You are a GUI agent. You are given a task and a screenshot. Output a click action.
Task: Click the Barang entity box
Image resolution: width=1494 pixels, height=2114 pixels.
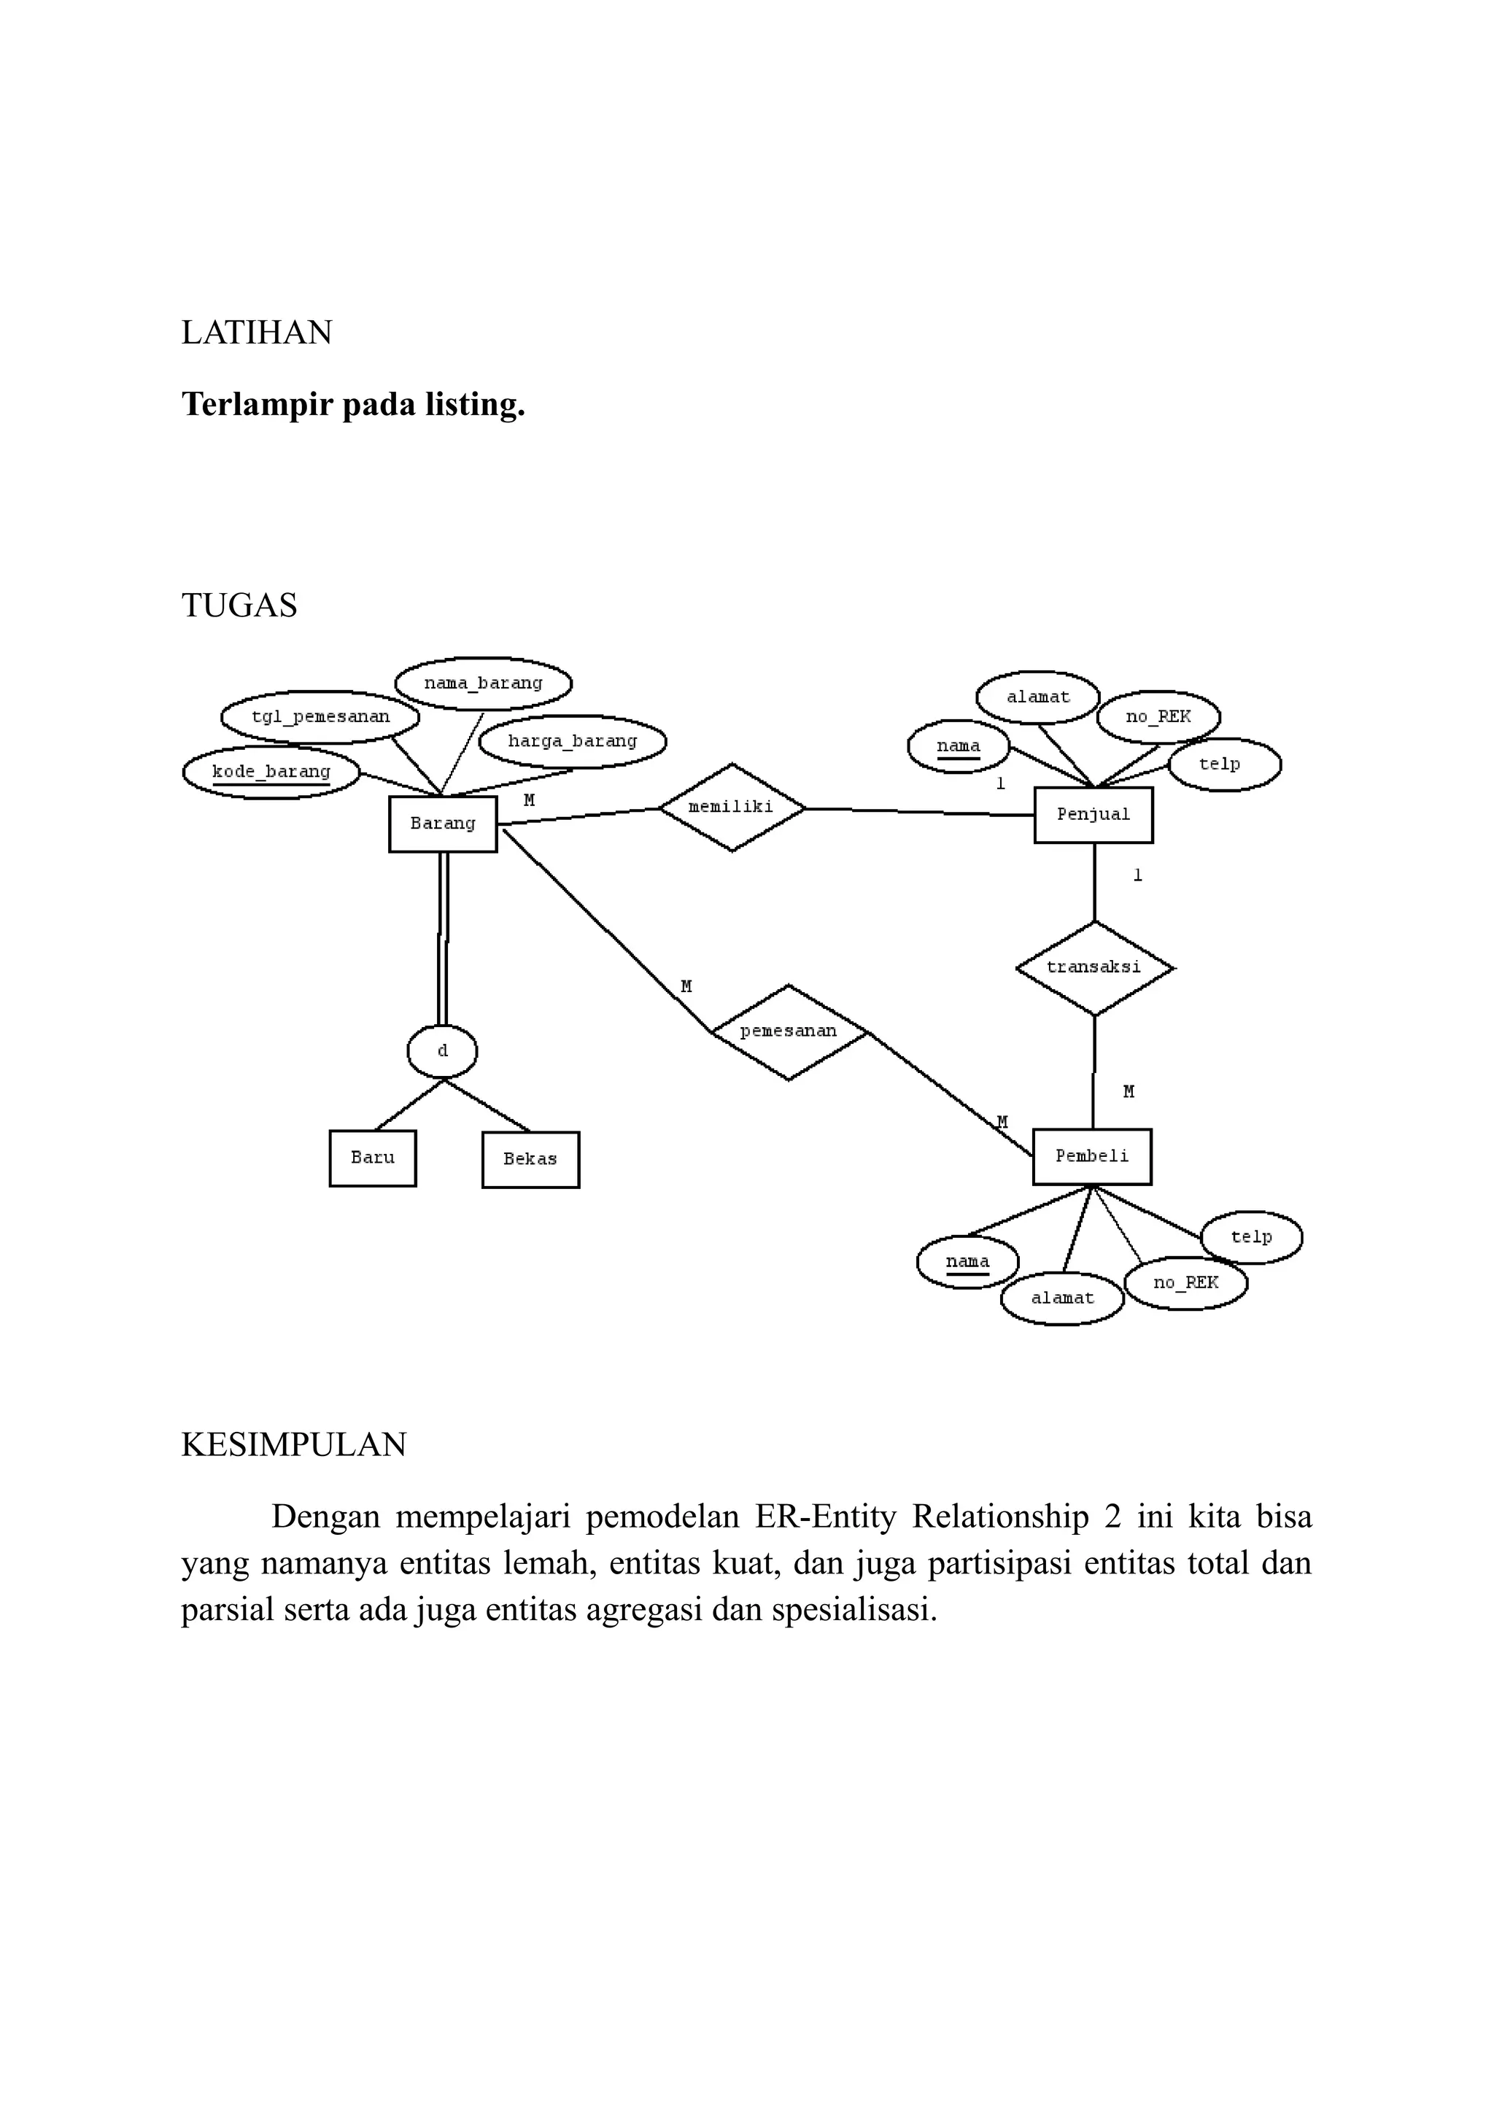coord(443,824)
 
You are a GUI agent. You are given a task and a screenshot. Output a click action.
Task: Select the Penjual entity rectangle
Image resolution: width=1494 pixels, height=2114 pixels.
coord(1093,815)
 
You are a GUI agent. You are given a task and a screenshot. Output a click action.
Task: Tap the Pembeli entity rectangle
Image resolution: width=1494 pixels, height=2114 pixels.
coord(1092,1156)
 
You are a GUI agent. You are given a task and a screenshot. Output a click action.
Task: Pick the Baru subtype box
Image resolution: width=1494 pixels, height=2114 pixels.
coord(373,1158)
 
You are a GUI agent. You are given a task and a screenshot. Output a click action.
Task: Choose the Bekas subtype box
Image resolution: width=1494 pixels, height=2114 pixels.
coord(530,1159)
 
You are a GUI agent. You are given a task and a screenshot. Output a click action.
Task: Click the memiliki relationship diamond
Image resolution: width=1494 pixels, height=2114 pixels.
coord(732,808)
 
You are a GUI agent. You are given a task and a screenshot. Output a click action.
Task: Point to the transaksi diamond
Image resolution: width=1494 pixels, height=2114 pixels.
coord(1094,968)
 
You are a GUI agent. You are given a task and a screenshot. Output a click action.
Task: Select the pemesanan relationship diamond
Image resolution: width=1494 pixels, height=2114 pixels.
coord(789,1032)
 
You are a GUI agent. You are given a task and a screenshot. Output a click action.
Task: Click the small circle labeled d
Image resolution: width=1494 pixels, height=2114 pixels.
coord(442,1051)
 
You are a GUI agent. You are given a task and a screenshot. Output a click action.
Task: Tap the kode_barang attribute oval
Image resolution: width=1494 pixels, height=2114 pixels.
coord(271,773)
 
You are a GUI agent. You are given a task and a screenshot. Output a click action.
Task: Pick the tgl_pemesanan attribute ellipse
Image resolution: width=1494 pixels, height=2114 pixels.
coord(320,716)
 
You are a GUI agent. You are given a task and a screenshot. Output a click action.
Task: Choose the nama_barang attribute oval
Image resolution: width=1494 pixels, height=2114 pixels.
coord(483,684)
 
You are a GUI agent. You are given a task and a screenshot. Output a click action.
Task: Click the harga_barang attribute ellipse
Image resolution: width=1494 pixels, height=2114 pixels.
coord(573,741)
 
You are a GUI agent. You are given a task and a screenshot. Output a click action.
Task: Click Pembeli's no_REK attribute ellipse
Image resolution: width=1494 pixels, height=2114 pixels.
coord(1185,1282)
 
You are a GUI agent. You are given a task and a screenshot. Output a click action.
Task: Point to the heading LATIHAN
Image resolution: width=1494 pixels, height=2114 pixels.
coord(257,333)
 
